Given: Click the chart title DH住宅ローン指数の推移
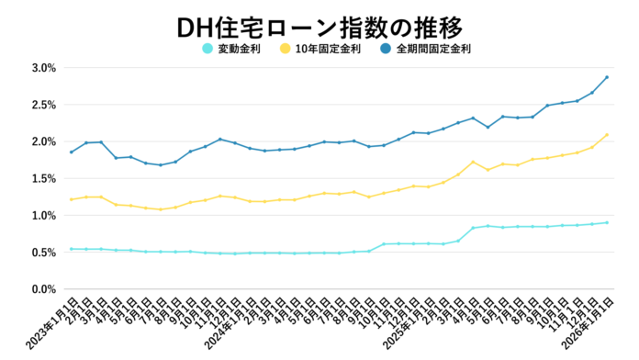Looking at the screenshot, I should (319, 24).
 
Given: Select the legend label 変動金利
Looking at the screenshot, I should (236, 49).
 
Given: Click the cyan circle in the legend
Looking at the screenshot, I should (207, 49).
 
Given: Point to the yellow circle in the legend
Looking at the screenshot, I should (286, 49).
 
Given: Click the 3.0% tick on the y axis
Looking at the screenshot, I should (43, 68).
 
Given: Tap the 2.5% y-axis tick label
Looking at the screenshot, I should (43, 105).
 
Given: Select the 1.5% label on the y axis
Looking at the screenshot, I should (43, 179).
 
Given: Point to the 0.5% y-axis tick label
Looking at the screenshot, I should (43, 253).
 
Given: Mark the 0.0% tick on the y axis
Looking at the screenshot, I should (43, 289).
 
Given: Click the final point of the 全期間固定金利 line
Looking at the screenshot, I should (607, 77).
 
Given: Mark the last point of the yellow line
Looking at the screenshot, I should (607, 135).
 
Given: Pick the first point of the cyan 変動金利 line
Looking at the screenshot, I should (72, 249).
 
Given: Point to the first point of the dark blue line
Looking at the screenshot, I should (72, 152).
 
